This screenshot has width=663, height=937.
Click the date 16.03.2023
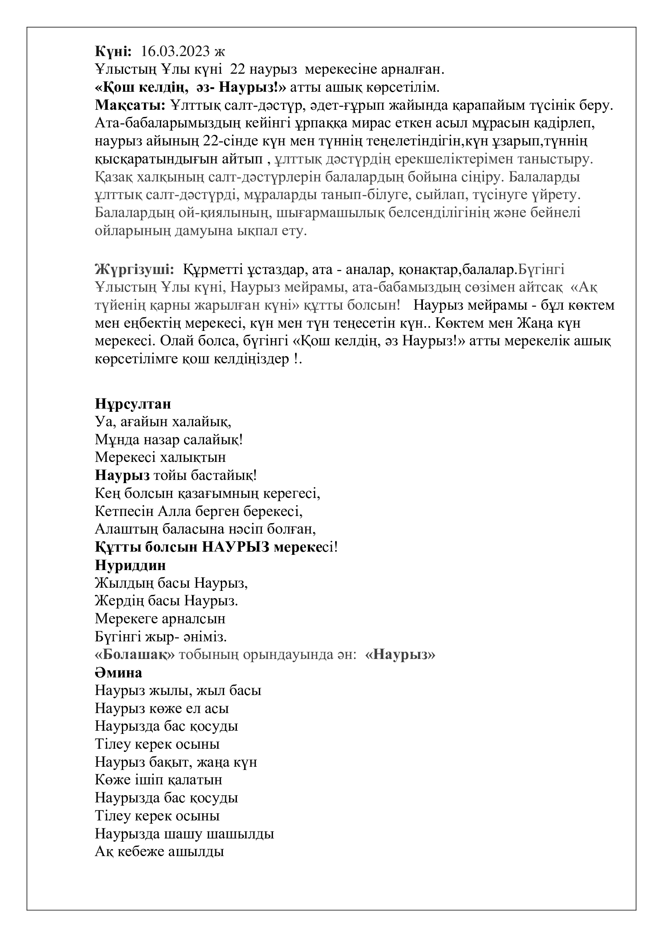point(176,52)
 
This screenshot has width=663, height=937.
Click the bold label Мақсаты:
point(130,105)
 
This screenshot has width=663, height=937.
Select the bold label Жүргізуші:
point(135,270)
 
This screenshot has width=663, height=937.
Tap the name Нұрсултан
point(133,404)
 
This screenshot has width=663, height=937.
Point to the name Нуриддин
point(131,565)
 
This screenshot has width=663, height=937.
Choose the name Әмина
point(118,673)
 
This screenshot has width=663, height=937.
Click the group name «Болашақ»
point(135,655)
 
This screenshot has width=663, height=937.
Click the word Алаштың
point(127,529)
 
